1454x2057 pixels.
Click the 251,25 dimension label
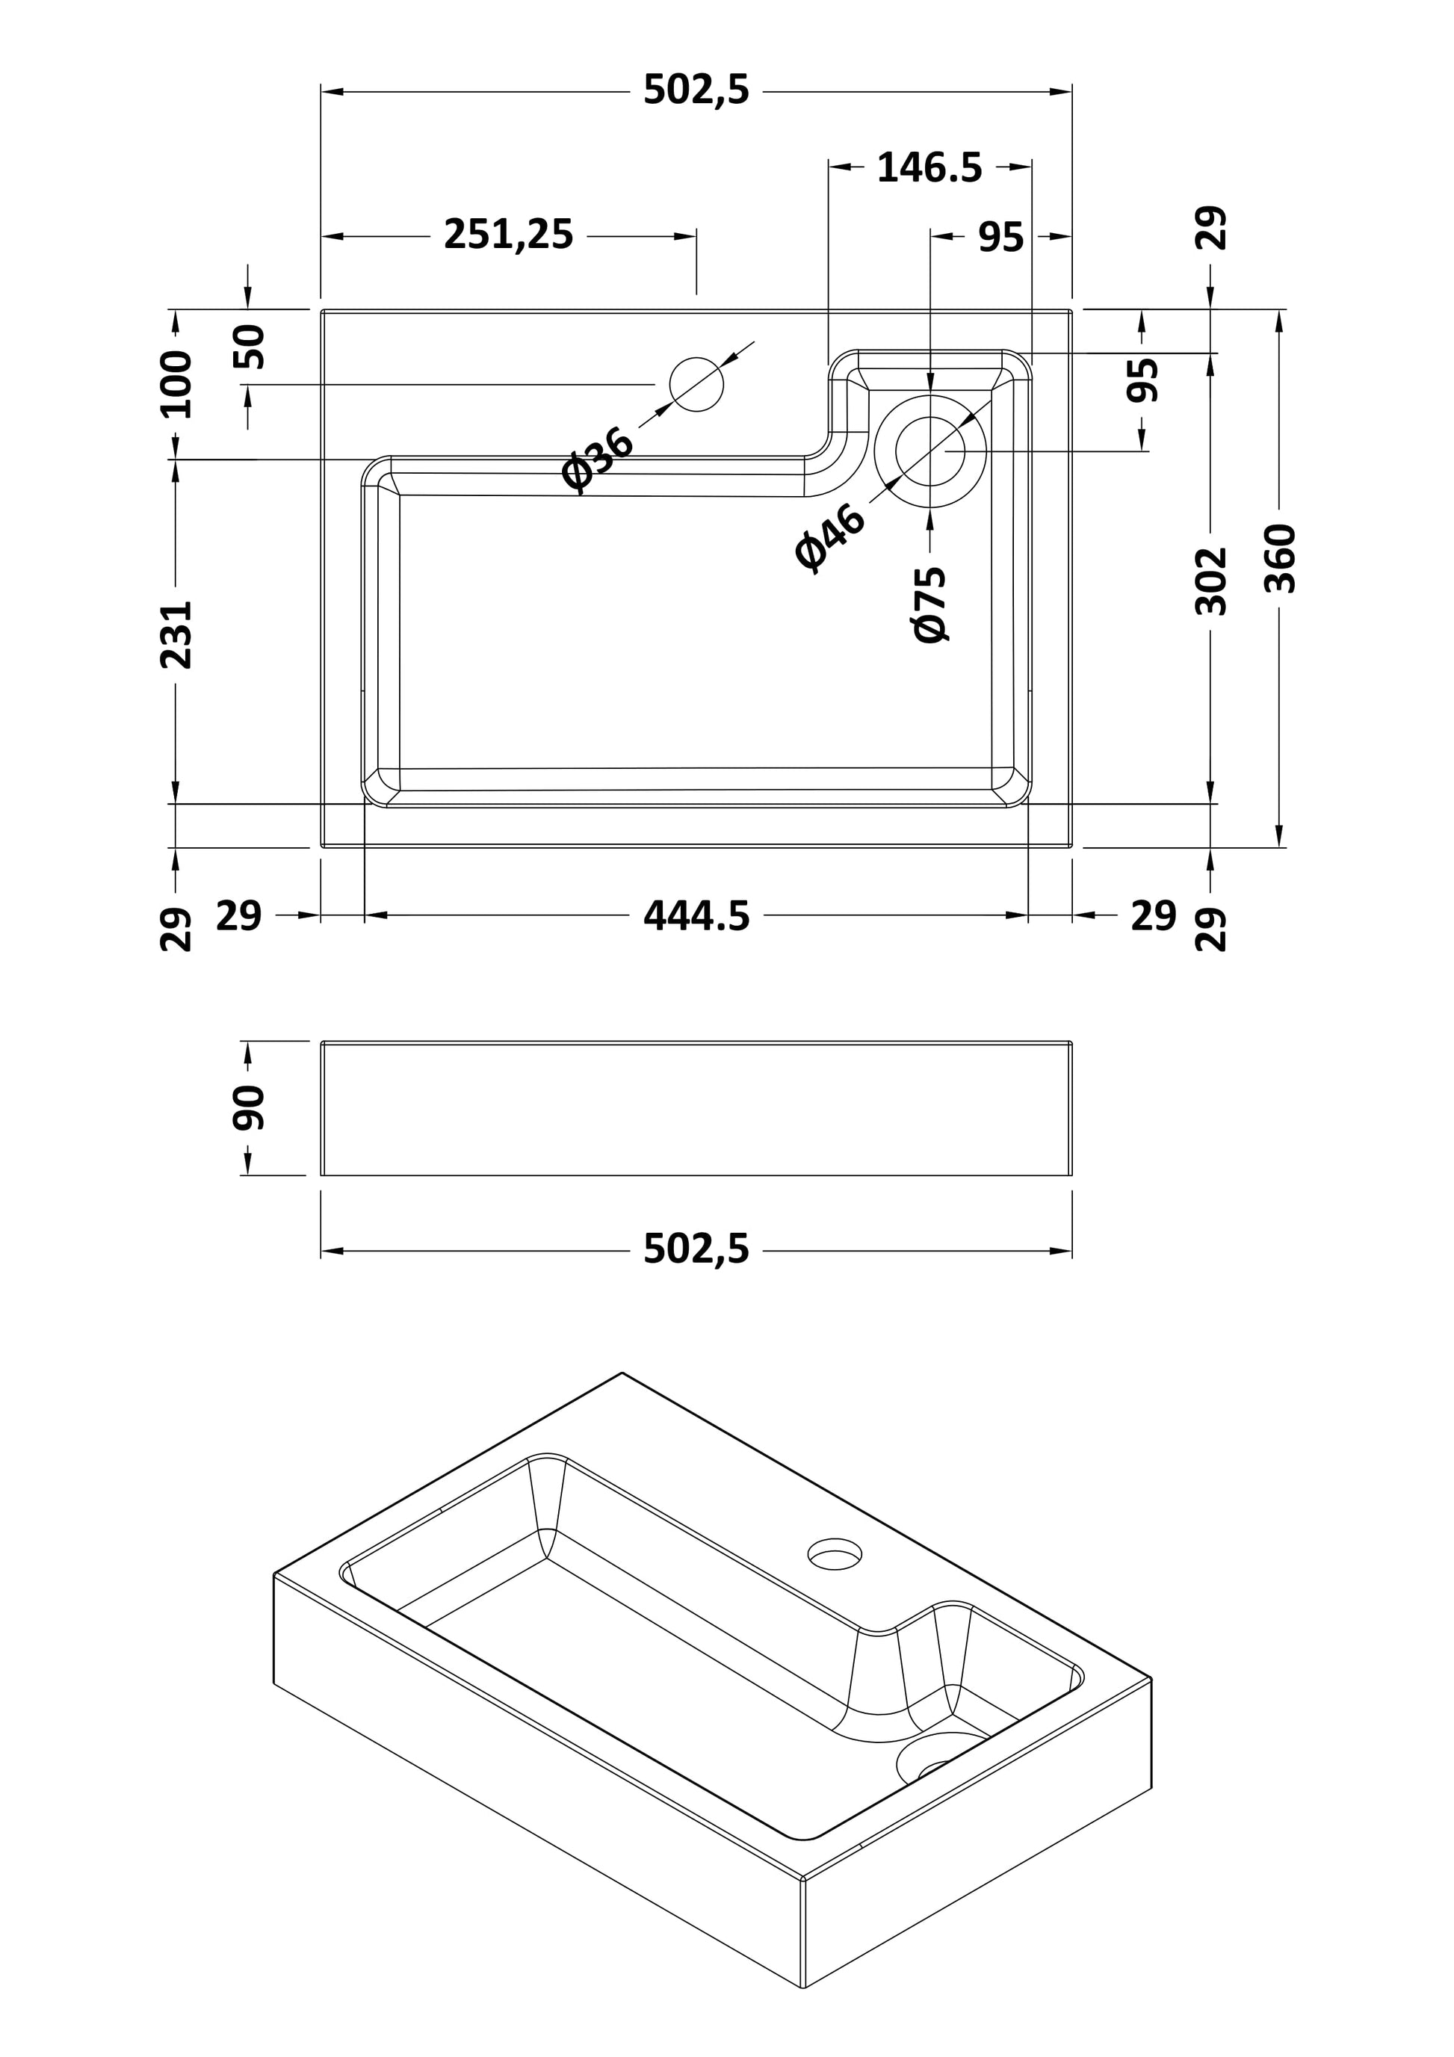tap(508, 235)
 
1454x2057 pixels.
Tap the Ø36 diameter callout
tap(598, 459)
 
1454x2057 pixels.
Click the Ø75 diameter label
tap(931, 604)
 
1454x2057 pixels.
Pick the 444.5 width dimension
tap(696, 917)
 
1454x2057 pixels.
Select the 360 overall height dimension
tap(1281, 558)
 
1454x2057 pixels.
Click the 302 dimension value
tap(1211, 581)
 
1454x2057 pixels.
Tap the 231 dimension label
tap(176, 634)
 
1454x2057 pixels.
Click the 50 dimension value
tap(250, 347)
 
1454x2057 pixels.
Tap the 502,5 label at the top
tap(696, 90)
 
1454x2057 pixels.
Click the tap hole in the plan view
tap(696, 384)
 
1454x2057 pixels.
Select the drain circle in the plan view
tap(931, 451)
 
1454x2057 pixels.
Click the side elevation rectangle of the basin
tap(696, 1108)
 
